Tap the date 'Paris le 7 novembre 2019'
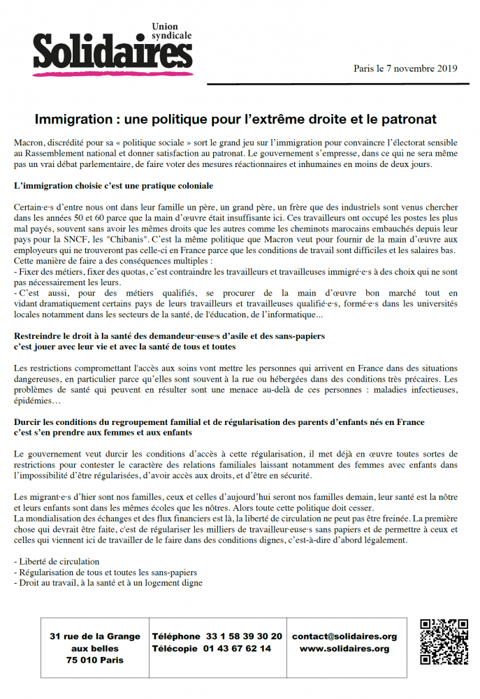coord(405,69)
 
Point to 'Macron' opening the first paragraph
coord(29,143)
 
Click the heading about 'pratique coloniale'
coord(113,186)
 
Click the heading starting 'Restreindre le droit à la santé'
coord(169,336)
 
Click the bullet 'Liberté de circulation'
coord(57,561)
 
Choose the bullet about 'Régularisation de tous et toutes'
coord(106,572)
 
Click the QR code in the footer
coord(443,642)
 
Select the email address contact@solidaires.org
coord(344,637)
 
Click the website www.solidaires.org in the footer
coord(344,649)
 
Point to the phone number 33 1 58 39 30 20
coord(244,637)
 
